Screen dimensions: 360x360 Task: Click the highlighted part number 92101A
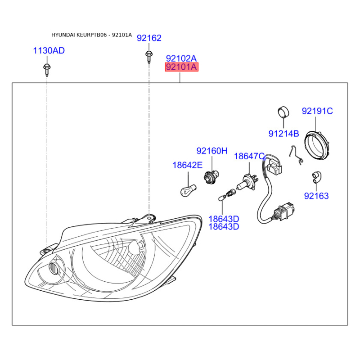click(182, 67)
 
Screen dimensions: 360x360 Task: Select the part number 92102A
click(181, 58)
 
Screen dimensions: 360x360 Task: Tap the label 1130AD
click(49, 50)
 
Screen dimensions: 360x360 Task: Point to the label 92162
click(149, 38)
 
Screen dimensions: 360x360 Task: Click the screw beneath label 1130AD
click(47, 70)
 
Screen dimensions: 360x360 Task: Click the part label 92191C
click(317, 111)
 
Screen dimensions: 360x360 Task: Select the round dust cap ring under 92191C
click(317, 144)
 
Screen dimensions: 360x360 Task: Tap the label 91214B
click(284, 133)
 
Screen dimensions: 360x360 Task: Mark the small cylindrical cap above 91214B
click(283, 112)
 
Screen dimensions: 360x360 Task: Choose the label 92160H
click(212, 151)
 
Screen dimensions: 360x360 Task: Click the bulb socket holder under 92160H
click(211, 177)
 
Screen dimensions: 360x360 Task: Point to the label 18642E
click(188, 165)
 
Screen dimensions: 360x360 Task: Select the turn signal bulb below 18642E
click(188, 190)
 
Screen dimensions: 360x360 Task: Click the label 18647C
click(249, 156)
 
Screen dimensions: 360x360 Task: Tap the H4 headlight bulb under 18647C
click(247, 182)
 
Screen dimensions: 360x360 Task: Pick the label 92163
click(316, 196)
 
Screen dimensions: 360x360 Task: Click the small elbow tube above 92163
click(317, 177)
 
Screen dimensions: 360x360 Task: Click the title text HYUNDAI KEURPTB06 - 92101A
click(92, 35)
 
